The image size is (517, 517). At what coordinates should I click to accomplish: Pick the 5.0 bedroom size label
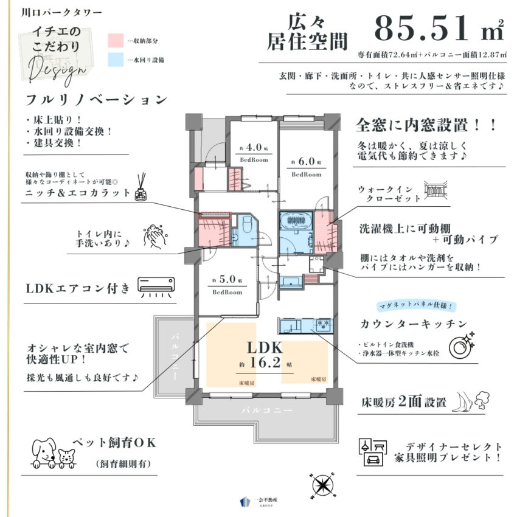click(x=227, y=282)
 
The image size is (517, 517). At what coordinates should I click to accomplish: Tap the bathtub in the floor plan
click(x=296, y=220)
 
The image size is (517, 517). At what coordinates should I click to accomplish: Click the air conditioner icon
click(x=156, y=285)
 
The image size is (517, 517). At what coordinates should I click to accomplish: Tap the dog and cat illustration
click(x=52, y=451)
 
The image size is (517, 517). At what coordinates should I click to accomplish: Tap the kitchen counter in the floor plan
click(x=305, y=325)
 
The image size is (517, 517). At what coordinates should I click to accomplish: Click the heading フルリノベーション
click(x=96, y=99)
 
